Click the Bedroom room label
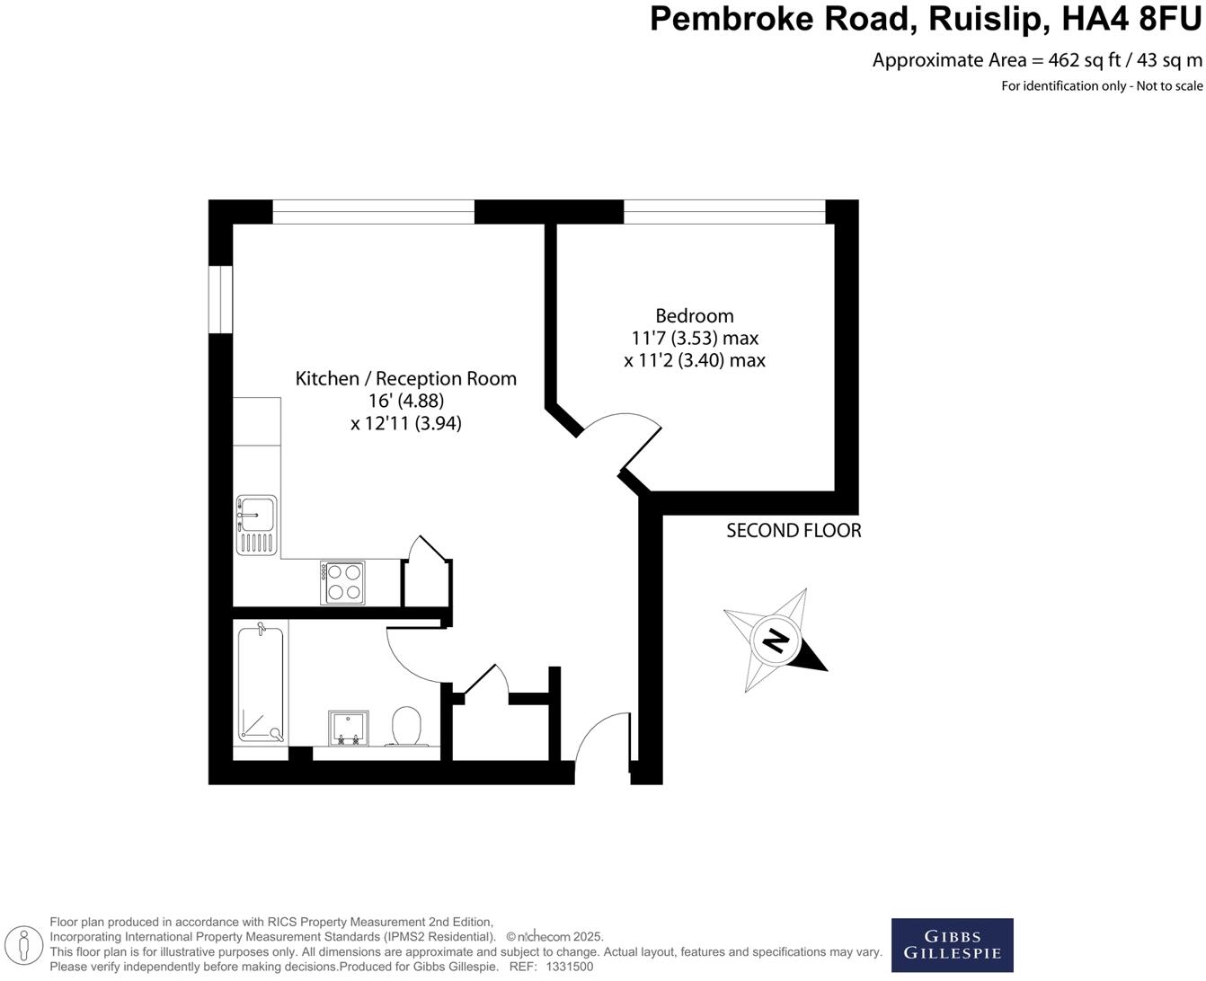click(694, 315)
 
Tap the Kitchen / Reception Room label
click(405, 378)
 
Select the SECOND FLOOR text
click(794, 531)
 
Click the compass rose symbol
click(775, 641)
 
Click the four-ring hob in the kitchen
click(342, 582)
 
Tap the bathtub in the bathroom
click(261, 684)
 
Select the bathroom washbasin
click(348, 728)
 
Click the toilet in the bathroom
click(407, 725)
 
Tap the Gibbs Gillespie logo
click(952, 945)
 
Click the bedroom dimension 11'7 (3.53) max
click(695, 338)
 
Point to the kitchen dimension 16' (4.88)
click(406, 401)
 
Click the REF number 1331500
click(570, 967)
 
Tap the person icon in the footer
click(29, 944)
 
